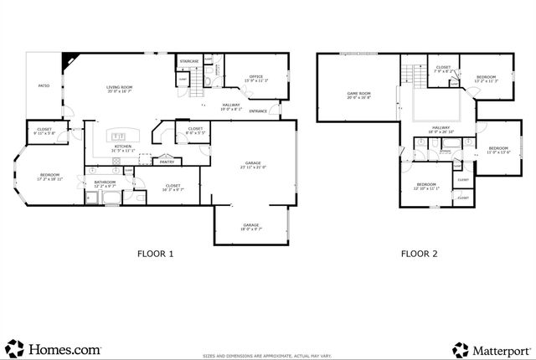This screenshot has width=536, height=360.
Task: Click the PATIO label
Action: point(44,85)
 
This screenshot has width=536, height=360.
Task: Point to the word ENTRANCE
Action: point(258,111)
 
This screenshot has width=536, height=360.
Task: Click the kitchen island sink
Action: point(118,135)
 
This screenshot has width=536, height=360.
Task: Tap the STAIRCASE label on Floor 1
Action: point(189,61)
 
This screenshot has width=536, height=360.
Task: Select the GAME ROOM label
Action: point(359,94)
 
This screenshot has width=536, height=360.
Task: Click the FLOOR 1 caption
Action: point(156,253)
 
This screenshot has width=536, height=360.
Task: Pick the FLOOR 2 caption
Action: point(419,253)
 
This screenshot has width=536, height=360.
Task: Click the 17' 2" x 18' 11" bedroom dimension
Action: point(49,179)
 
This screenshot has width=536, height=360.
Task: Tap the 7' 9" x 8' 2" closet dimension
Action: point(443,72)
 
